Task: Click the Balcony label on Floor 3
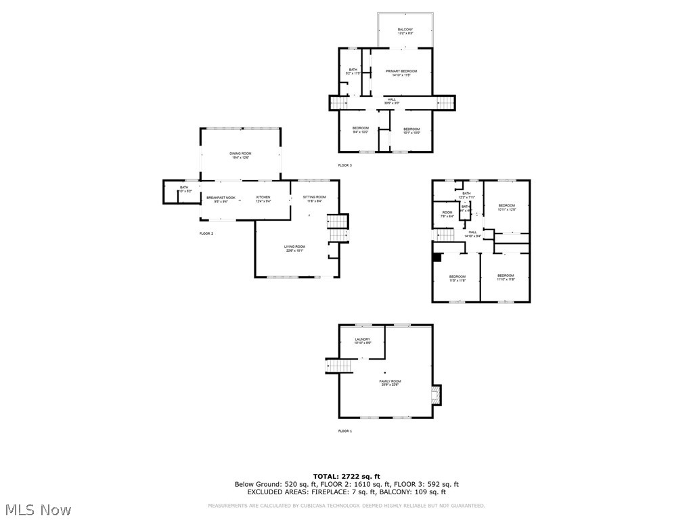(405, 31)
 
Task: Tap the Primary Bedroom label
(401, 73)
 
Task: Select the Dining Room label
(240, 155)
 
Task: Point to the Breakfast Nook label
(221, 199)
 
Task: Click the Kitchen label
(263, 199)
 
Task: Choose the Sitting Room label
(314, 199)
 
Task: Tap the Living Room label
(294, 248)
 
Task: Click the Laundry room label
(363, 341)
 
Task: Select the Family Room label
(390, 383)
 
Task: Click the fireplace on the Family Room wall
(437, 395)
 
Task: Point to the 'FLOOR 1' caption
(345, 431)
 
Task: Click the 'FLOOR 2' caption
(206, 234)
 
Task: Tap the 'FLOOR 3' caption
(345, 165)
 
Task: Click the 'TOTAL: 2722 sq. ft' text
(346, 477)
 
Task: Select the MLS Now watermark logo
(38, 509)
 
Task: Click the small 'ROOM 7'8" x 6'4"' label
(447, 215)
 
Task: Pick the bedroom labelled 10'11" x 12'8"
(507, 207)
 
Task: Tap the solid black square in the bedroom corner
(437, 257)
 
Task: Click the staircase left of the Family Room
(340, 366)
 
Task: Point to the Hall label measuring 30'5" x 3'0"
(392, 101)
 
